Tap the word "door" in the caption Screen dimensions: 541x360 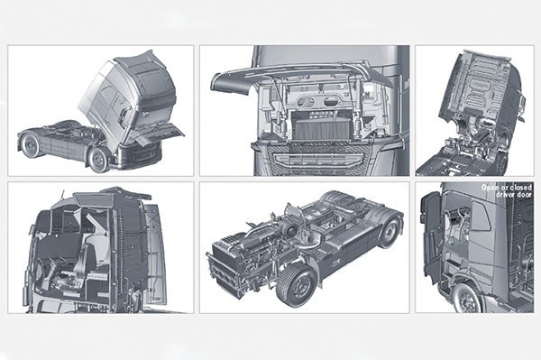coord(523,194)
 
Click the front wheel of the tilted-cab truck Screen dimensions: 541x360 coord(98,160)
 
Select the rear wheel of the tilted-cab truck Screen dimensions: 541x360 coord(31,145)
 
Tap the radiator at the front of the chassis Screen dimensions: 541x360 coord(225,254)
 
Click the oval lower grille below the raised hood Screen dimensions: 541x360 coord(318,160)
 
